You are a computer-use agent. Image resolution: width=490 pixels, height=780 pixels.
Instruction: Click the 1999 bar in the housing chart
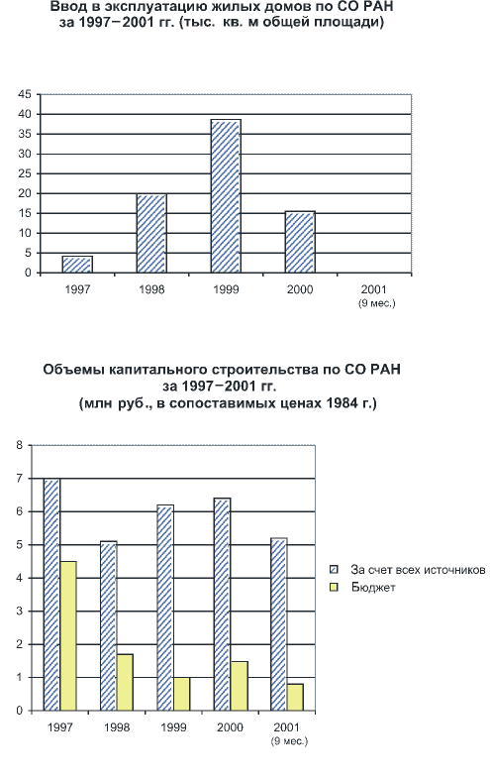click(226, 196)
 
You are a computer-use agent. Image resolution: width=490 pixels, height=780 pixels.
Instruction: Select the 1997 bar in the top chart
click(77, 265)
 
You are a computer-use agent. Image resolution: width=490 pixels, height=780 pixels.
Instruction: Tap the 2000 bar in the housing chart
click(300, 242)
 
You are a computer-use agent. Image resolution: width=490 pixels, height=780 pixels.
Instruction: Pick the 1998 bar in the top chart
click(151, 233)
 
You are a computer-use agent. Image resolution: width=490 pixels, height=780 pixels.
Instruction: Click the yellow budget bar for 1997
click(68, 635)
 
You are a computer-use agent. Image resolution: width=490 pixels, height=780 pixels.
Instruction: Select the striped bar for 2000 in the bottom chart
click(222, 604)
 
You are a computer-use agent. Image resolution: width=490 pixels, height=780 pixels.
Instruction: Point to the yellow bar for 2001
click(295, 697)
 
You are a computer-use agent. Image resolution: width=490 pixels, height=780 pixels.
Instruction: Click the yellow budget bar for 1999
click(182, 694)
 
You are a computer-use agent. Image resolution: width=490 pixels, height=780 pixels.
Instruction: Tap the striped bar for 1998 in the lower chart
click(109, 625)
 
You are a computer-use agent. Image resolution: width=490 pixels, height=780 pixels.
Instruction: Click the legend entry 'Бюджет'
click(373, 588)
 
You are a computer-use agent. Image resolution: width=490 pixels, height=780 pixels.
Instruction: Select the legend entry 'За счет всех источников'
click(418, 570)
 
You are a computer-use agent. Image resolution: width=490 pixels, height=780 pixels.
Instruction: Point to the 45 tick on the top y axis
click(25, 94)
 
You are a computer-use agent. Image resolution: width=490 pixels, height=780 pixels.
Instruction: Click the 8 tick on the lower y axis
click(20, 445)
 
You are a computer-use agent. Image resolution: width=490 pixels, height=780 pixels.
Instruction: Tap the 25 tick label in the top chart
click(25, 173)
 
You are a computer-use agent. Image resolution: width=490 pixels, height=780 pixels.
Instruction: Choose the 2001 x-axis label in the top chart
click(374, 289)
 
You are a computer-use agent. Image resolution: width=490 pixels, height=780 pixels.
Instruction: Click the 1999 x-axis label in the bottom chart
click(173, 727)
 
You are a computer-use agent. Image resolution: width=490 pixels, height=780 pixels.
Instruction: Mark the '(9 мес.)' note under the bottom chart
click(289, 741)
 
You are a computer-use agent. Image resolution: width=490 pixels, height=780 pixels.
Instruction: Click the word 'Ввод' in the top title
click(66, 7)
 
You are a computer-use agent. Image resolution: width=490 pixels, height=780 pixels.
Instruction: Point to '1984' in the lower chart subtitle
click(341, 403)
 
